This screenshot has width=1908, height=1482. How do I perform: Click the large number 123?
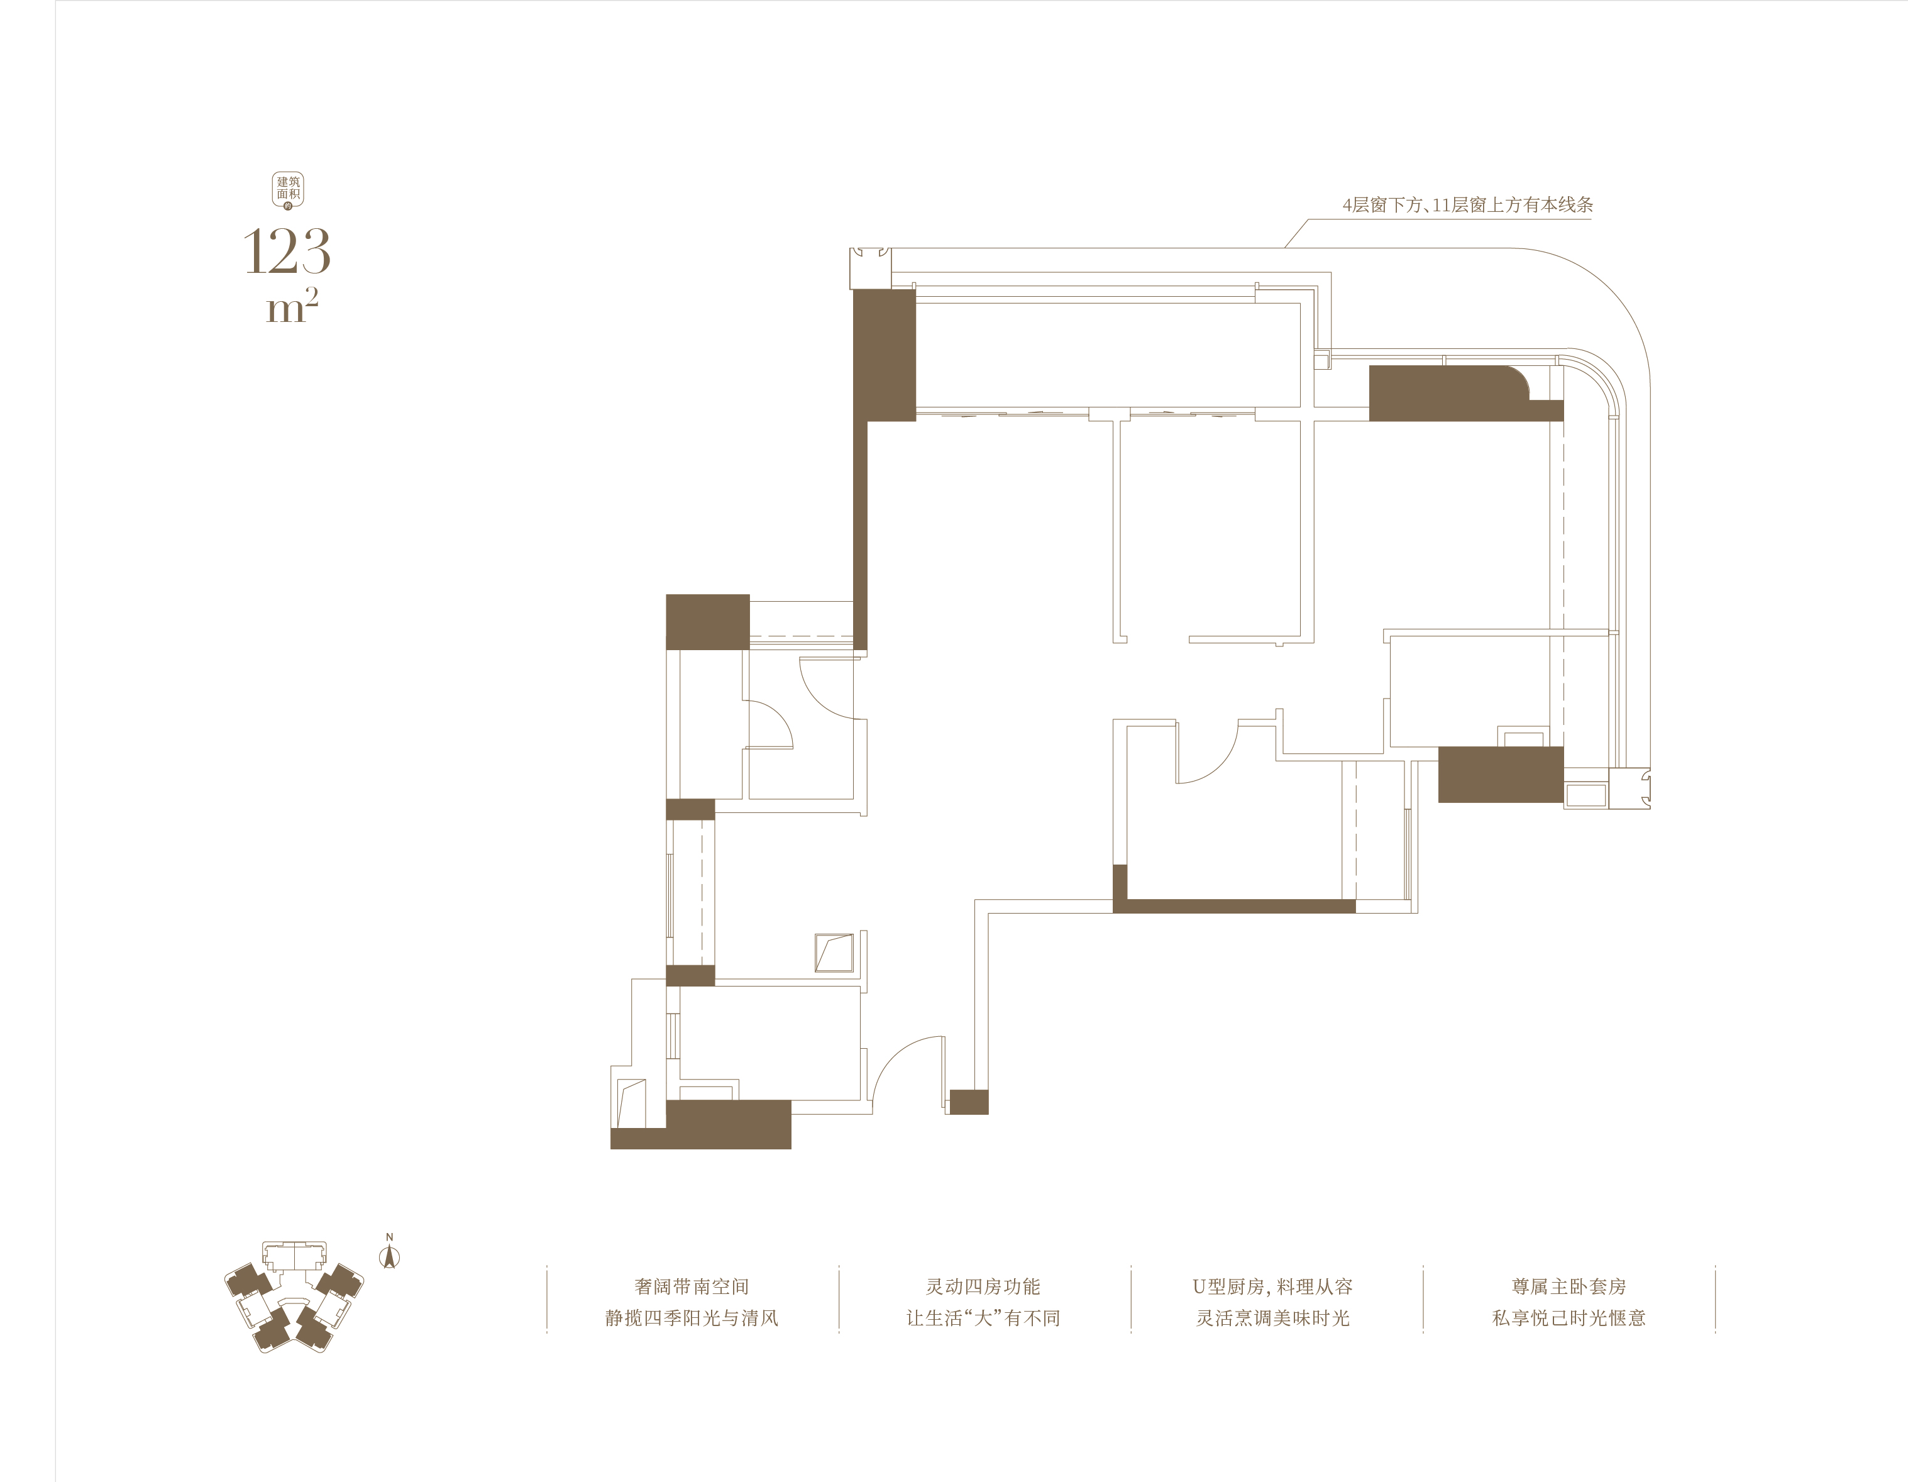click(x=287, y=252)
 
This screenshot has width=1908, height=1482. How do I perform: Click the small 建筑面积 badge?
click(x=289, y=191)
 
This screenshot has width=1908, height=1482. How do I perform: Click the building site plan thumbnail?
click(x=294, y=1296)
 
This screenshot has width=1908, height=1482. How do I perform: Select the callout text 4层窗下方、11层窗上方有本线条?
click(x=1468, y=206)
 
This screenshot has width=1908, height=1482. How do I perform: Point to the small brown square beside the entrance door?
click(x=969, y=1102)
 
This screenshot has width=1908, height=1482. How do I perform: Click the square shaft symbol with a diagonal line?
click(x=834, y=953)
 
